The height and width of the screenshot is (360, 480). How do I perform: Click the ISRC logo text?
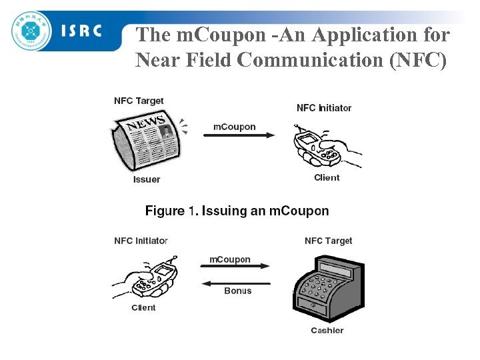[81, 30]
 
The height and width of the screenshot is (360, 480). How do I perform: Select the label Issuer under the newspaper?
[147, 179]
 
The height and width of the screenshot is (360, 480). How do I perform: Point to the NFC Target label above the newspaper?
[139, 101]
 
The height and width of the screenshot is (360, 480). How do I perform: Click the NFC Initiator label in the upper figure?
[324, 107]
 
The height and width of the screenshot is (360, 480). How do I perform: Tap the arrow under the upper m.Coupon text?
[237, 136]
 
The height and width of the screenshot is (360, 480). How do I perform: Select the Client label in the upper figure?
[327, 177]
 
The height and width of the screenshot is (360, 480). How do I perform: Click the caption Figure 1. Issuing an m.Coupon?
[237, 211]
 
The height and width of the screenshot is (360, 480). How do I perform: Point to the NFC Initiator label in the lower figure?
[141, 241]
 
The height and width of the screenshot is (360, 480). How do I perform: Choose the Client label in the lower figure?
[143, 307]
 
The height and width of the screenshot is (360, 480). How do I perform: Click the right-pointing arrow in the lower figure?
[235, 267]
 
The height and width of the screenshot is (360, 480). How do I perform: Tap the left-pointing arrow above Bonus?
[235, 283]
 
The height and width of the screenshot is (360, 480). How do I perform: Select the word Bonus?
[238, 291]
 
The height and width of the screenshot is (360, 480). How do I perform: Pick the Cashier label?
[327, 331]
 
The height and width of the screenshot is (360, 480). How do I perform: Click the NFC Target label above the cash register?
[328, 241]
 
